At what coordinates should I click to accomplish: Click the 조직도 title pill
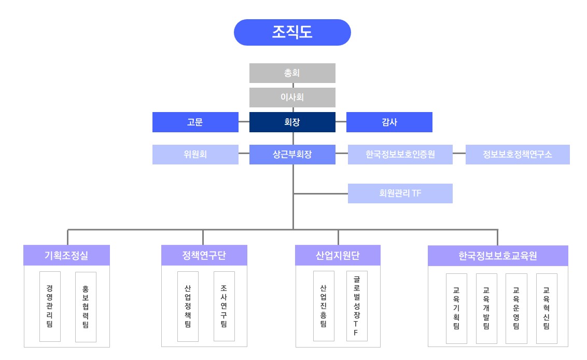click(292, 32)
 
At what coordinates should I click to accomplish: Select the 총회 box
click(292, 73)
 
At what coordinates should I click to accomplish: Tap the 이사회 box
click(292, 97)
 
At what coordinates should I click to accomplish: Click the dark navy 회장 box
click(292, 122)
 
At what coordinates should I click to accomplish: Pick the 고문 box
click(195, 122)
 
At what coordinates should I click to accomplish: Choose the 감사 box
click(389, 122)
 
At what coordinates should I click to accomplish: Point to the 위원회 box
click(195, 154)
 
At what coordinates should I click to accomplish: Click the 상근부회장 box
click(292, 154)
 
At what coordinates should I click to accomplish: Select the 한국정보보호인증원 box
click(400, 154)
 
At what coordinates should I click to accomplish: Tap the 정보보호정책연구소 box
click(518, 154)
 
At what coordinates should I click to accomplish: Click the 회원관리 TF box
click(400, 193)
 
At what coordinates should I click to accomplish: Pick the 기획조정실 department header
click(67, 255)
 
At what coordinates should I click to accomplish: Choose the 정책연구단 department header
click(204, 255)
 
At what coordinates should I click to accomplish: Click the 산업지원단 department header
click(338, 255)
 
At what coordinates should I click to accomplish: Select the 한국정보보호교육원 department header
click(498, 255)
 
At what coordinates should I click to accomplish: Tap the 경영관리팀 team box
click(50, 306)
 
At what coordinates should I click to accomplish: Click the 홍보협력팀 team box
click(86, 306)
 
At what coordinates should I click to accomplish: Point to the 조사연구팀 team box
click(223, 306)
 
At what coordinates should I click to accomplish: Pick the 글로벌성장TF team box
click(356, 306)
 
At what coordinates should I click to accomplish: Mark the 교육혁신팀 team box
click(547, 308)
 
